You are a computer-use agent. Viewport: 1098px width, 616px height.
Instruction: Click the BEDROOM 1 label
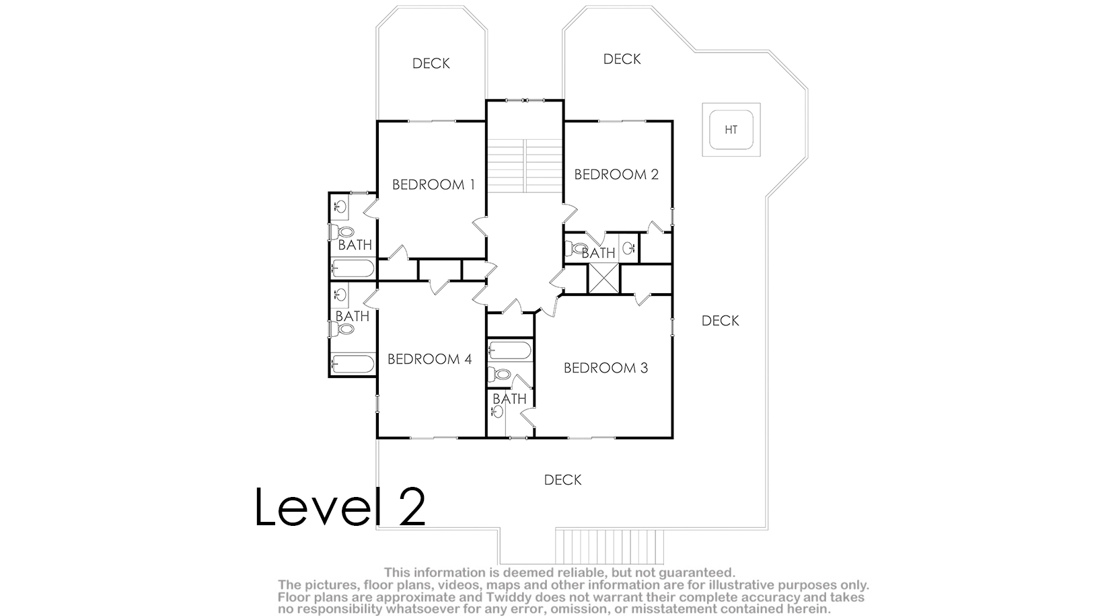[x=433, y=185]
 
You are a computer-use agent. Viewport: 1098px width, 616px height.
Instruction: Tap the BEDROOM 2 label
[x=616, y=174]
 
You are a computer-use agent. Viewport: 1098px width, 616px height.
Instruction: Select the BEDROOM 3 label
[x=606, y=368]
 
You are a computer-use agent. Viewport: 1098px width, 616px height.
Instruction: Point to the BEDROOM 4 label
[x=429, y=359]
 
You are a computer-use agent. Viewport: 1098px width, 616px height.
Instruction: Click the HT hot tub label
[x=731, y=130]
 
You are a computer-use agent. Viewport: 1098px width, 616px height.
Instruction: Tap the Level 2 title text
[x=340, y=506]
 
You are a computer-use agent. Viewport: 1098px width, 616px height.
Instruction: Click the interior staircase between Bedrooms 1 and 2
[x=525, y=165]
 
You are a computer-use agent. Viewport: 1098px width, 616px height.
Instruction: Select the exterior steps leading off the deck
[x=610, y=546]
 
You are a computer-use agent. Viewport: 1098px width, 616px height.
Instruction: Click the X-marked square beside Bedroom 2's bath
[x=604, y=279]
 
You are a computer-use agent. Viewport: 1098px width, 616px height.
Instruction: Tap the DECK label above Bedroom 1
[x=431, y=64]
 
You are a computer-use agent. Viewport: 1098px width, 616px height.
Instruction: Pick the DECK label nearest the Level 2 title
[x=562, y=479]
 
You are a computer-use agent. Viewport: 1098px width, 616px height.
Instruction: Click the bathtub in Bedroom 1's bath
[x=353, y=268]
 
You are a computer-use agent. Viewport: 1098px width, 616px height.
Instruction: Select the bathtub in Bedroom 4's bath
[x=353, y=364]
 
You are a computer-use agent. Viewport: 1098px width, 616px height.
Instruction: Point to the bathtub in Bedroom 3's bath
[x=510, y=351]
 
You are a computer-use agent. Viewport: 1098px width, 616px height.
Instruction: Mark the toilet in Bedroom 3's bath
[x=499, y=375]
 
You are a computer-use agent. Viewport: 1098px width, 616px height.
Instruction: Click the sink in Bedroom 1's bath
[x=340, y=206]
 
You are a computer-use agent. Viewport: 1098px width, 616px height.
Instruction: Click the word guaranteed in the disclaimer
[x=696, y=572]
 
